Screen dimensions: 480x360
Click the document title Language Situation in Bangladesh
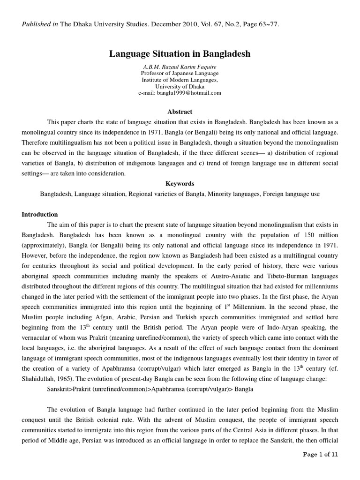pos(180,54)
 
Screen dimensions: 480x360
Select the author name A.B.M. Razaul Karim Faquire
pos(180,67)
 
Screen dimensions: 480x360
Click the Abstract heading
pos(180,112)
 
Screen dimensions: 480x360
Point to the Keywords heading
pos(180,184)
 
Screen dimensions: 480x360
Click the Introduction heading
pos(40,214)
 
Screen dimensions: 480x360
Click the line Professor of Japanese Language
pos(180,73)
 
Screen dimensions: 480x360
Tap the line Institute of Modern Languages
pos(180,80)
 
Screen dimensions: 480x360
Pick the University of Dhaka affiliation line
pos(180,86)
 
